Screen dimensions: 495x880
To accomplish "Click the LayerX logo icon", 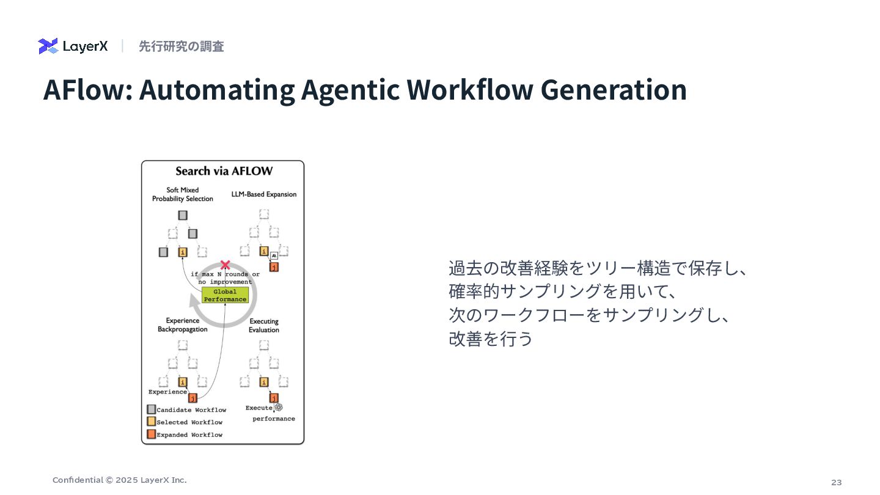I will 48,46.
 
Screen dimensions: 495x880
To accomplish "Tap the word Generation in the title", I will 614,90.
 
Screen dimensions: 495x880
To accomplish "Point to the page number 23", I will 836,482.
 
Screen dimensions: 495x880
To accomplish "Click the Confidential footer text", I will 119,480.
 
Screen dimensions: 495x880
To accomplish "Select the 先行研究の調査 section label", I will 181,46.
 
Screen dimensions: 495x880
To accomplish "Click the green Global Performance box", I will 225,296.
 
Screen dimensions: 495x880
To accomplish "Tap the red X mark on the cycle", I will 225,265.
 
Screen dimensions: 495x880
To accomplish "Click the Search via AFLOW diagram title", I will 224,171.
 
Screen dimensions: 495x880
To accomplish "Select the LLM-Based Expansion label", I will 264,194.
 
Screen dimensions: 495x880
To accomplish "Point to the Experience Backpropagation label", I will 182,325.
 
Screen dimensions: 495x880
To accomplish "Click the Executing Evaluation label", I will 264,326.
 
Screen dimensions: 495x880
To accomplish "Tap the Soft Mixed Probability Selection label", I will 182,194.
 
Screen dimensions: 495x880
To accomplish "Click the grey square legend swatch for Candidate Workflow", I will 151,409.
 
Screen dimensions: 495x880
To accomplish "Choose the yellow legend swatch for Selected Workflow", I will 151,422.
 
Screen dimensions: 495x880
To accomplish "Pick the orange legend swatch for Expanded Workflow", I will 151,435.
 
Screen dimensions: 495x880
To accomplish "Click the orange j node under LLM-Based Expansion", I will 274,267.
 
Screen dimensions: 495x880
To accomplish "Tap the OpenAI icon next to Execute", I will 278,407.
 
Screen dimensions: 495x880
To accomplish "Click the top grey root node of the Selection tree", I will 183,215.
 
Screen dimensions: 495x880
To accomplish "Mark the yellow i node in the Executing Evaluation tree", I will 264,382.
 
